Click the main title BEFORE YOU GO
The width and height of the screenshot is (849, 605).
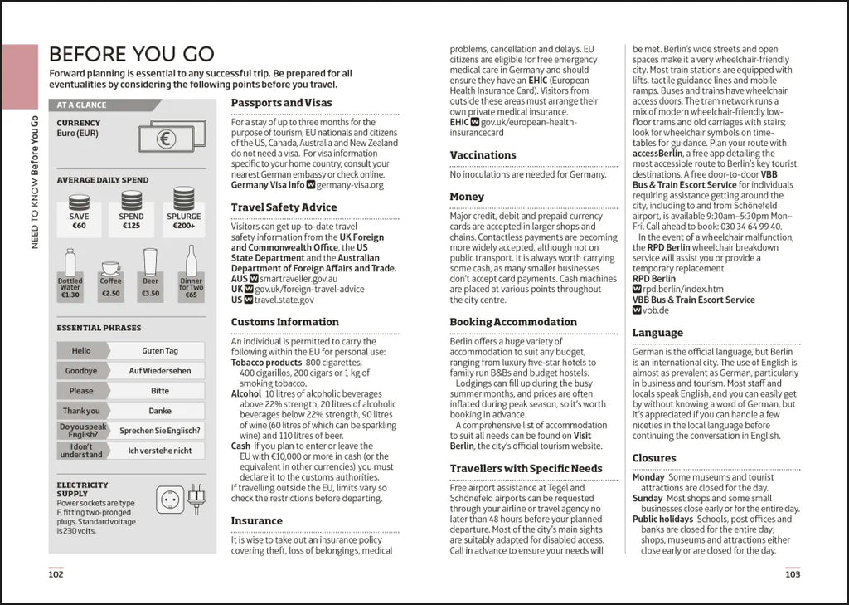[131, 55]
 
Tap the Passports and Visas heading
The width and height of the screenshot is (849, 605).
[281, 103]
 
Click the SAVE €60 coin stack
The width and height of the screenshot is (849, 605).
[79, 202]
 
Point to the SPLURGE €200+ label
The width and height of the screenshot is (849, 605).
[183, 221]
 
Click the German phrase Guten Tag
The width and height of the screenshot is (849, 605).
[159, 351]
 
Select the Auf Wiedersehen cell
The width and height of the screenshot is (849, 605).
[159, 371]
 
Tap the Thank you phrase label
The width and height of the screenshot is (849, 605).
[81, 411]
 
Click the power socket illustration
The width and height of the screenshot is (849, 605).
[170, 500]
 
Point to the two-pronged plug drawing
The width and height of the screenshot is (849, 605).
[196, 500]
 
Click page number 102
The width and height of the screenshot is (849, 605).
[56, 573]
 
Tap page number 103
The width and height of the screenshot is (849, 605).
[793, 573]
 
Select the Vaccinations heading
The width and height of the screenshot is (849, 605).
[483, 155]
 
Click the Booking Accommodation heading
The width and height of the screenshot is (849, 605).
[513, 322]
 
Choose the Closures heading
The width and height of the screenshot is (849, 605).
[654, 458]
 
